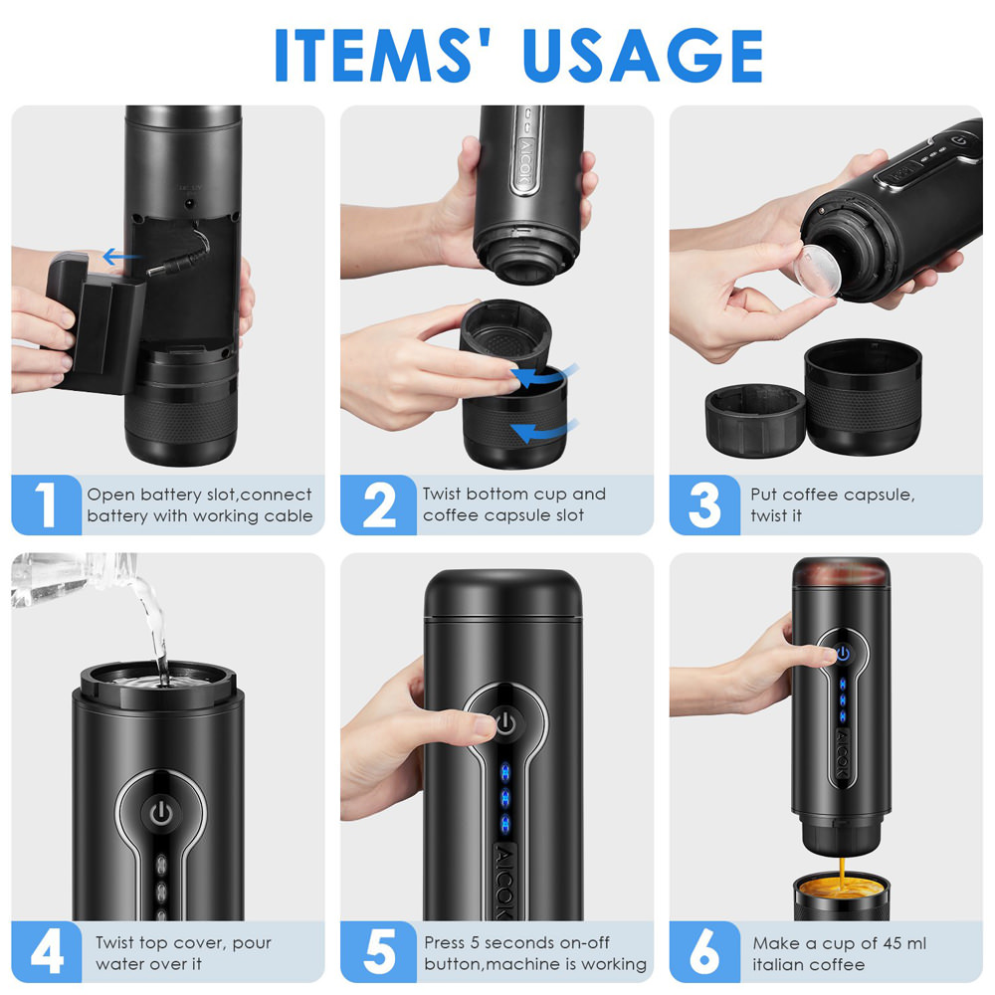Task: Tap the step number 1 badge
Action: pos(46,504)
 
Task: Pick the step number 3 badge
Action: pos(704,504)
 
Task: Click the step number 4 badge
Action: pos(46,952)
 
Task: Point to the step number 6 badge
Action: pos(704,952)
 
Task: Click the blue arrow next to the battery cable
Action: pos(120,258)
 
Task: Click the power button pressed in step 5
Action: pos(504,721)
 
